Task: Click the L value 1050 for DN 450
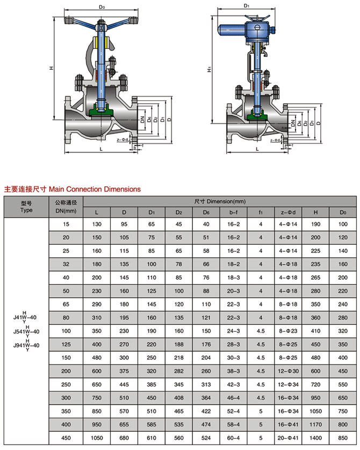[97, 438]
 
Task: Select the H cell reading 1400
[316, 438]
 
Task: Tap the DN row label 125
[66, 344]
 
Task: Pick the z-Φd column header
[288, 212]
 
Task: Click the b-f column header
[233, 212]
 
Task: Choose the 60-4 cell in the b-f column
[233, 438]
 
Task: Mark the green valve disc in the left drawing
[100, 111]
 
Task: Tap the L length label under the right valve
[257, 149]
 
